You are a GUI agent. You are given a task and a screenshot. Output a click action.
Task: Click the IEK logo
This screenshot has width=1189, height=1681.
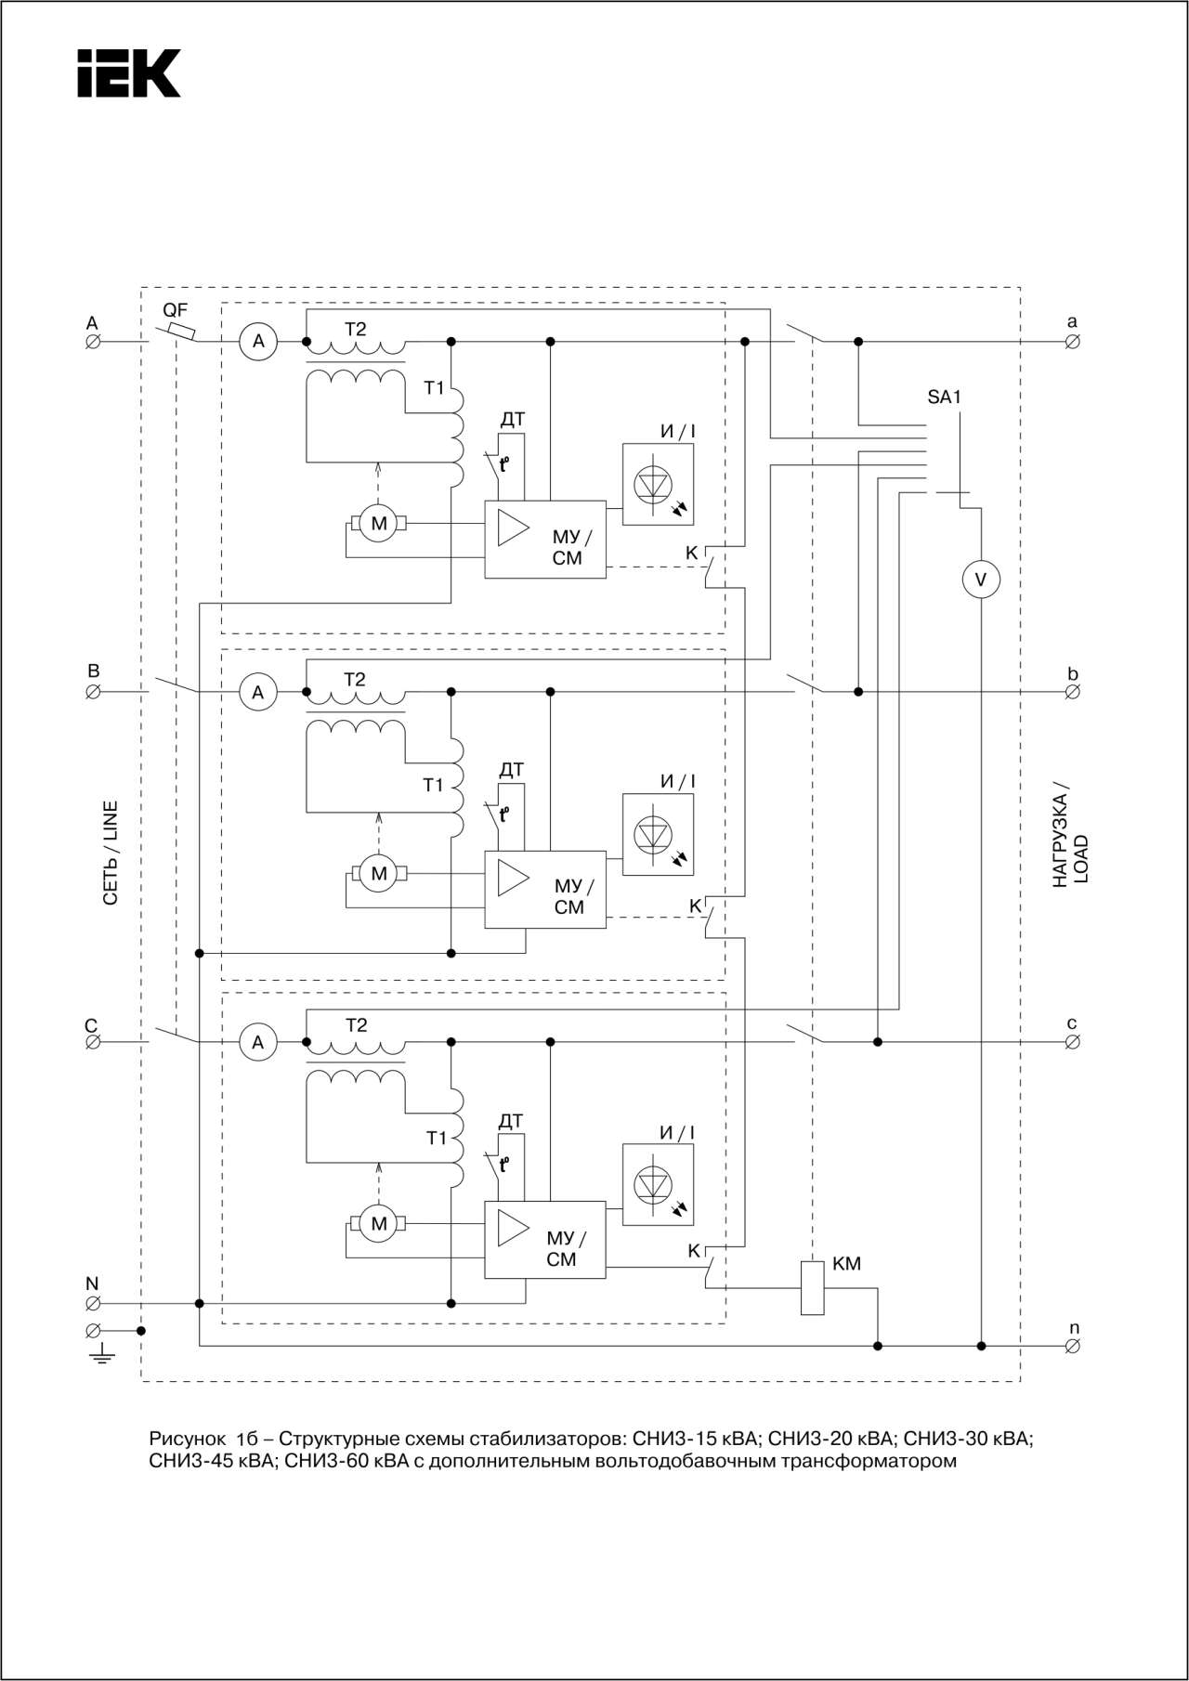[129, 73]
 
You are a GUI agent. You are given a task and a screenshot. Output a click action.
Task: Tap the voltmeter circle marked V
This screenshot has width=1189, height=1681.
[981, 580]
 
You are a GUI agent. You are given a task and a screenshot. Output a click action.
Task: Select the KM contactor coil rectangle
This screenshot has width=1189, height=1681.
[812, 1287]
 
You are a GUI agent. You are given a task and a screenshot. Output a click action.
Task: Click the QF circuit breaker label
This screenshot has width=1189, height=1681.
[175, 310]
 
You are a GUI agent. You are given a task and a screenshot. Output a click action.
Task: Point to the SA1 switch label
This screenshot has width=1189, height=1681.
[944, 397]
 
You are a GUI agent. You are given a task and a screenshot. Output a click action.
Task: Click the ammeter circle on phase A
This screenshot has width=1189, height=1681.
[258, 342]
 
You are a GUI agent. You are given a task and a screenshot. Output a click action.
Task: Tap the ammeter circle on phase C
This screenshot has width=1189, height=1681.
[258, 1042]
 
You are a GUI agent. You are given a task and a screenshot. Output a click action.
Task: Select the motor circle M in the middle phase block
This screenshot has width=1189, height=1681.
[378, 873]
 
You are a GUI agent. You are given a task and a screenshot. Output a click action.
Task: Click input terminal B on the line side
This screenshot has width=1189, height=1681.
[93, 692]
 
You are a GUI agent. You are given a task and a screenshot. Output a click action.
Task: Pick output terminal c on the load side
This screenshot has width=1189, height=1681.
[1072, 1042]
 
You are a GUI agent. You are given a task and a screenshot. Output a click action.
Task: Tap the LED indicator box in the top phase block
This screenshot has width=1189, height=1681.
[658, 484]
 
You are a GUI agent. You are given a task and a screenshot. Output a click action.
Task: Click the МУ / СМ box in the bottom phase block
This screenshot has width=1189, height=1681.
[545, 1240]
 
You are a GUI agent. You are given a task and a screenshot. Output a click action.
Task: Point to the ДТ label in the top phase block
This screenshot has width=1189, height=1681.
[512, 420]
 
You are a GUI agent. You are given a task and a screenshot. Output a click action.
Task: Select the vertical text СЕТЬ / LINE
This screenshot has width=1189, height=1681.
[111, 853]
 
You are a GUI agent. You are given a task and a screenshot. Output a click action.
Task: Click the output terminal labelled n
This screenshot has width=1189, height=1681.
[1072, 1346]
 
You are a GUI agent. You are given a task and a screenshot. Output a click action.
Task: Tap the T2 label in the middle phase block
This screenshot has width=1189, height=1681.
[355, 680]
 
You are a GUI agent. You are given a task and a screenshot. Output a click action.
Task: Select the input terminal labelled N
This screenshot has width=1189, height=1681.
[93, 1304]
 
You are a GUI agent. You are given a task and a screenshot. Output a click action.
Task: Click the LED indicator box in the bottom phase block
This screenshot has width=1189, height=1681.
[658, 1184]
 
